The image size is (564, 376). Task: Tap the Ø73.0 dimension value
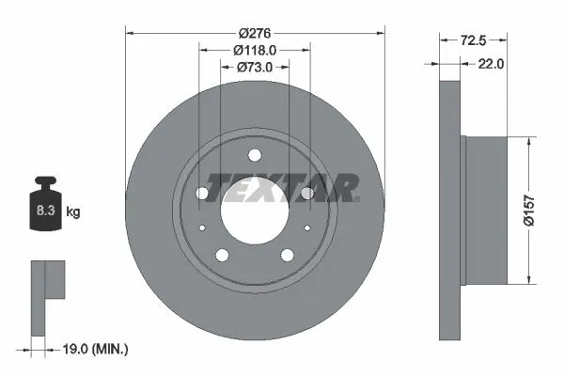point(255,67)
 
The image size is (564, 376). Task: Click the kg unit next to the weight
point(73,211)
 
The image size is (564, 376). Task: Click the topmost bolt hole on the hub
point(254,157)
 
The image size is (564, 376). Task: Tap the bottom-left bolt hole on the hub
point(222,255)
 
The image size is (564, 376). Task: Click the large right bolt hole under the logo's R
point(306,193)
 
